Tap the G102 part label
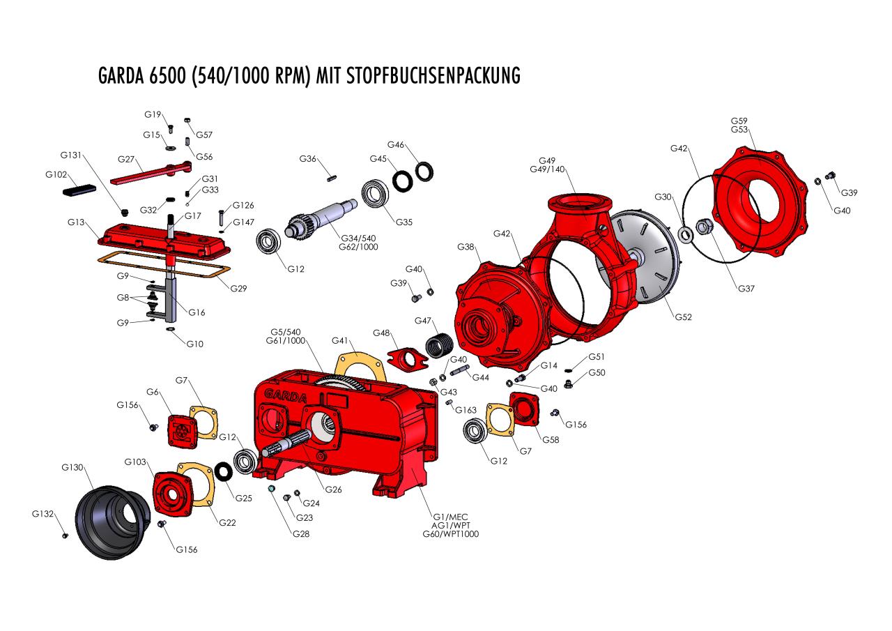[56, 174]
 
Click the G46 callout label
[395, 145]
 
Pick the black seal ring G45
[401, 182]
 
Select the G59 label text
[739, 121]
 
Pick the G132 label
[43, 514]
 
